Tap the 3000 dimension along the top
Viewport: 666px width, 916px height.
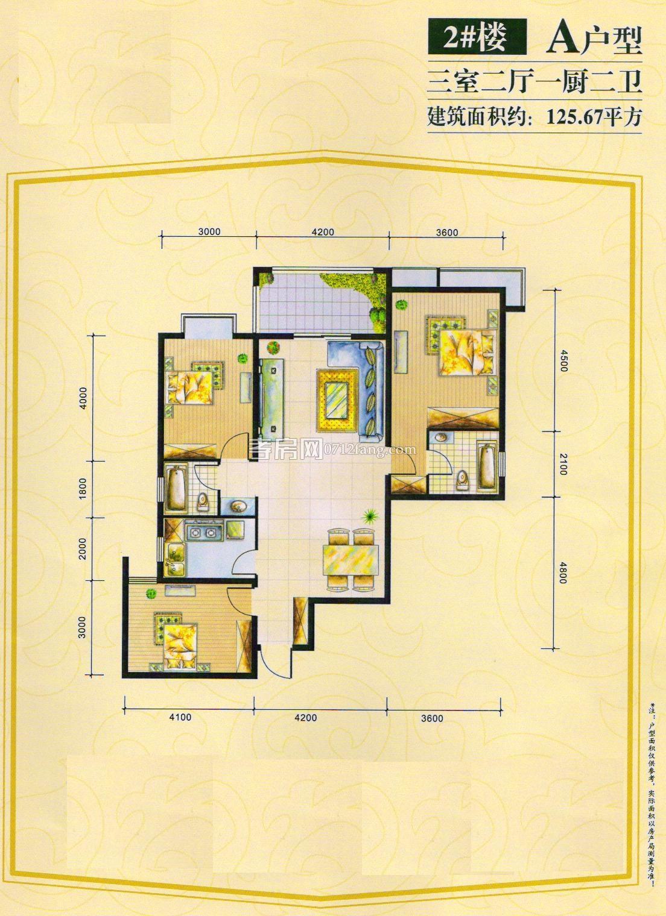click(209, 232)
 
